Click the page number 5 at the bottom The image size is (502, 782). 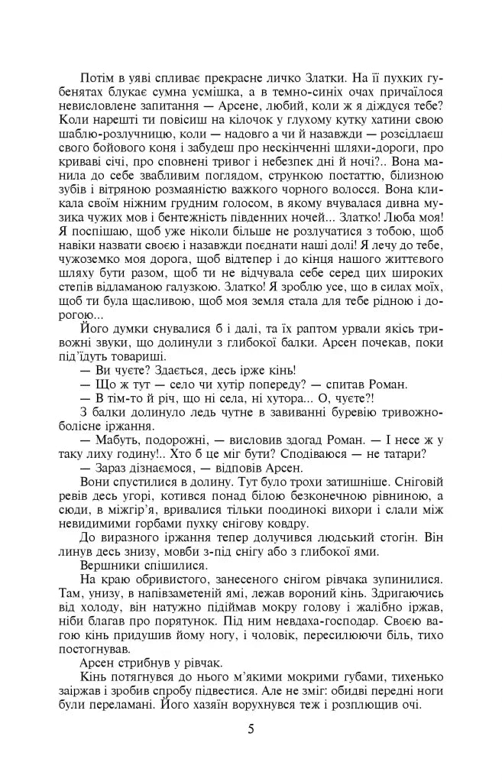tap(251, 728)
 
